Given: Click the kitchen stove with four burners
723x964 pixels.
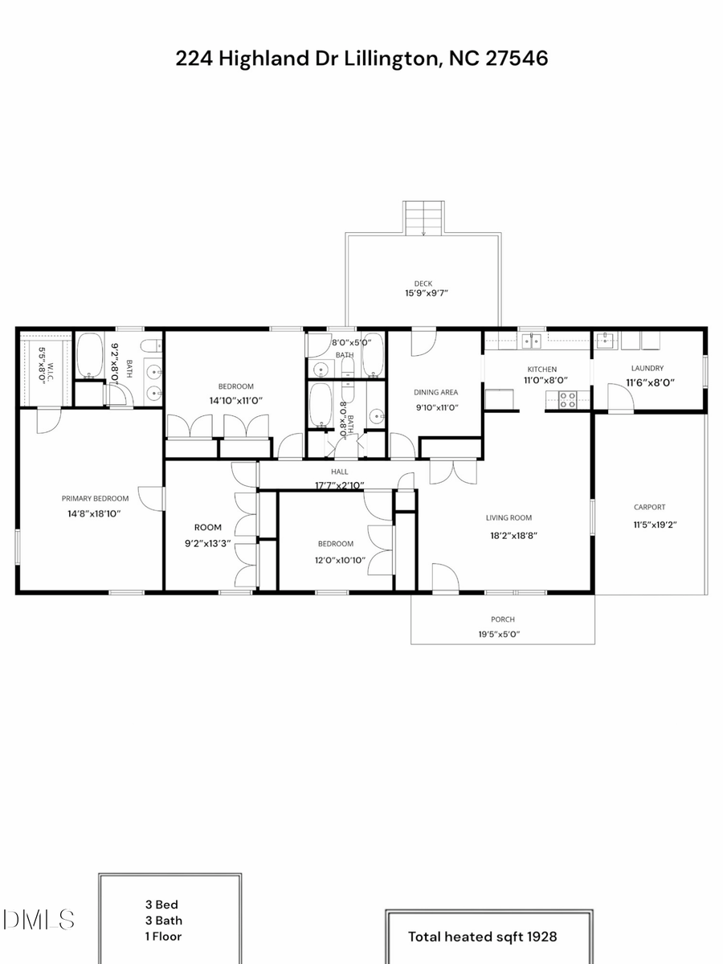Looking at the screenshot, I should [x=567, y=399].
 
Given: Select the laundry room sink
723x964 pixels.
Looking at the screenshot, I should [x=606, y=341].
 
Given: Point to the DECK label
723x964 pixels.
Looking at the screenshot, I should [x=423, y=283].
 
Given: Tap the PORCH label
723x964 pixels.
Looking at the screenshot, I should [x=503, y=619].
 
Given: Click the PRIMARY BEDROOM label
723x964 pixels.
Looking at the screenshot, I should [x=90, y=498].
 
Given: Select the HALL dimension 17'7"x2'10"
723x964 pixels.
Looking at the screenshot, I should [x=339, y=485].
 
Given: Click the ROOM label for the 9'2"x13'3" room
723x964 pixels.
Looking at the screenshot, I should [x=207, y=528].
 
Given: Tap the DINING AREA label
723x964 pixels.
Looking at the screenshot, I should [x=435, y=393].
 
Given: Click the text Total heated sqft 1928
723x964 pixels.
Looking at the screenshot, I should [x=482, y=936].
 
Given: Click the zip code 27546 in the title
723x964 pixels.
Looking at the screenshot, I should [x=517, y=59].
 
